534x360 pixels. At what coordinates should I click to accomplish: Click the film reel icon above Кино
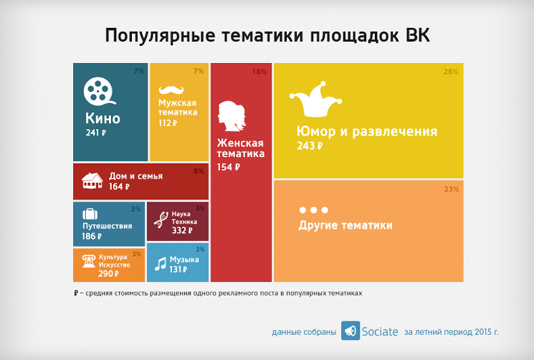pyautogui.click(x=99, y=91)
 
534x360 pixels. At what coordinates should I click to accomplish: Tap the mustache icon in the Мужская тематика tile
pyautogui.click(x=171, y=90)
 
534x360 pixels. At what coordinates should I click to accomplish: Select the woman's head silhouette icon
pyautogui.click(x=232, y=115)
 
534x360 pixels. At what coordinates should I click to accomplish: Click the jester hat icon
pyautogui.click(x=315, y=99)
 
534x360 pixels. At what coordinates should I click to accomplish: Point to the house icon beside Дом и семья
pyautogui.click(x=92, y=181)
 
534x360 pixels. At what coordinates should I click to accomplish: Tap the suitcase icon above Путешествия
pyautogui.click(x=90, y=214)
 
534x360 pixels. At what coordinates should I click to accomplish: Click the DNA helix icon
pyautogui.click(x=161, y=219)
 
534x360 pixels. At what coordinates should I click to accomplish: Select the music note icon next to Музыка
pyautogui.click(x=161, y=264)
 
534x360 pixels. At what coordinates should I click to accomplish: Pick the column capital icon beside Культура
pyautogui.click(x=89, y=261)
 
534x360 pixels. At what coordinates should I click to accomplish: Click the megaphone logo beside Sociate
pyautogui.click(x=351, y=331)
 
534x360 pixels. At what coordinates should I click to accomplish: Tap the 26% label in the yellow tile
pyautogui.click(x=451, y=72)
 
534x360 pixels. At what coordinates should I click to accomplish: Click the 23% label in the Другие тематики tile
pyautogui.click(x=452, y=189)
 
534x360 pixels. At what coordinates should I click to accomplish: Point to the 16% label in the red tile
pyautogui.click(x=259, y=72)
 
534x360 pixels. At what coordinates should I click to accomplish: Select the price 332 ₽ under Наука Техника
pyautogui.click(x=182, y=231)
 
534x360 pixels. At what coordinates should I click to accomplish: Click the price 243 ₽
pyautogui.click(x=310, y=146)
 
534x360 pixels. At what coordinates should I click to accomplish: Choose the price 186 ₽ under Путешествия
pyautogui.click(x=92, y=236)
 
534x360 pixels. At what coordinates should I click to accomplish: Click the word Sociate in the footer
pyautogui.click(x=380, y=331)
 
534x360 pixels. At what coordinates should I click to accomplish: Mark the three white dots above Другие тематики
pyautogui.click(x=314, y=210)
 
